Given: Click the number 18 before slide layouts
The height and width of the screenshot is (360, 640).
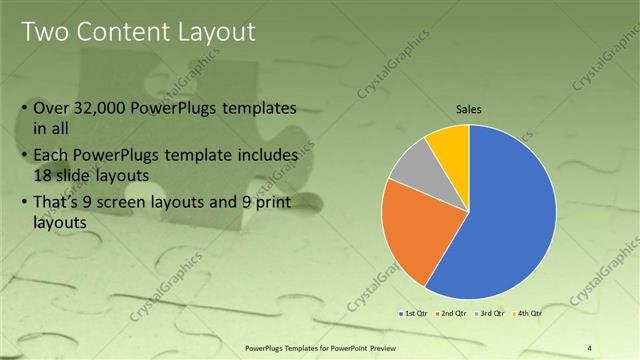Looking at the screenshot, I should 43,173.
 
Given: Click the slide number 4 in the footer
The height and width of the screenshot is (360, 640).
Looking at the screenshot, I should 590,348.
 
